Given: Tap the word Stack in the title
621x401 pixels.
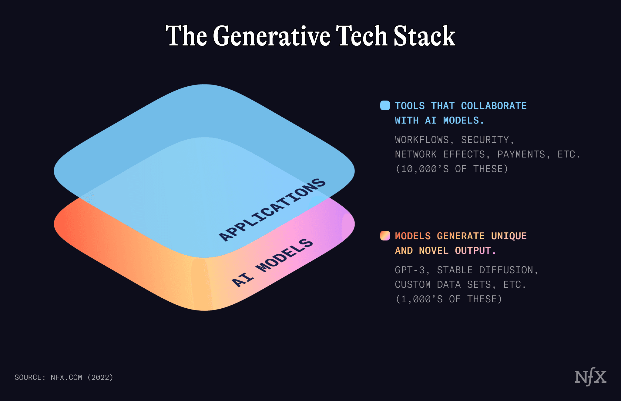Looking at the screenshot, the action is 425,36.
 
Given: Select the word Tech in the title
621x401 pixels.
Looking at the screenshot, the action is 362,36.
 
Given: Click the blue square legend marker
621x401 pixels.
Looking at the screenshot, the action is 385,105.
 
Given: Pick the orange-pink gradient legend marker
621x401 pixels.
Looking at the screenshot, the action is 385,236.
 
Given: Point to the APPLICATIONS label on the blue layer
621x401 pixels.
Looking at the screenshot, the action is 272,210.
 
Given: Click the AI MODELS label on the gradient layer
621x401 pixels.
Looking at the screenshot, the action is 272,263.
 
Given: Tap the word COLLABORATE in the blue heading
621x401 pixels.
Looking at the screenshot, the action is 494,106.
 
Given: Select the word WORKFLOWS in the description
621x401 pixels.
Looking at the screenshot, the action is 422,140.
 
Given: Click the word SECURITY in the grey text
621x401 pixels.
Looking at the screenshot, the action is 485,140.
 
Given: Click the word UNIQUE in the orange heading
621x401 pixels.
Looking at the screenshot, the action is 509,236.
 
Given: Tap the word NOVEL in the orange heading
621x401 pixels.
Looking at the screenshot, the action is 434,250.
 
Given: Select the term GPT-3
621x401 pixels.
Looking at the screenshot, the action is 410,270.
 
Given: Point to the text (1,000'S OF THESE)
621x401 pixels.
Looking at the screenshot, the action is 449,299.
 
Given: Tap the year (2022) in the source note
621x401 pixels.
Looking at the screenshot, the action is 100,377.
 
